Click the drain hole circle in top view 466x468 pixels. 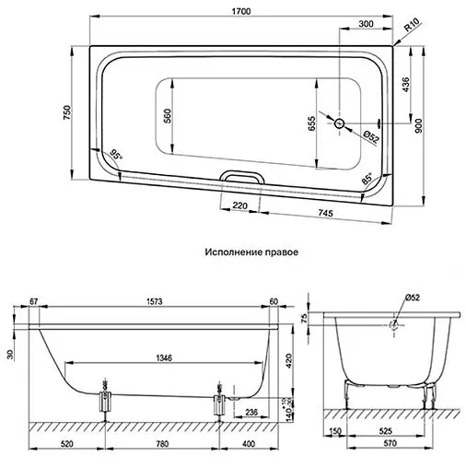pos(339,123)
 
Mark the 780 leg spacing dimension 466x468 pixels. pos(162,444)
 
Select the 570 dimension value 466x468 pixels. pos(391,445)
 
